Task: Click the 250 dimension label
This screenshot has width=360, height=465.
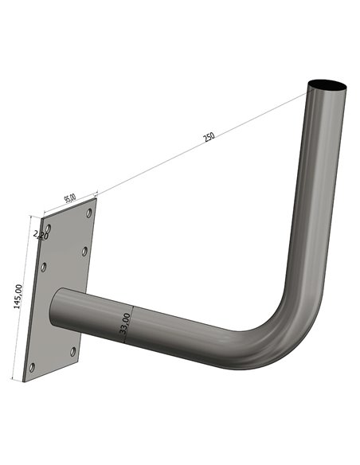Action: (x=209, y=136)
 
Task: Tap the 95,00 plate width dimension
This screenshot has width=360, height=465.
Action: (x=70, y=197)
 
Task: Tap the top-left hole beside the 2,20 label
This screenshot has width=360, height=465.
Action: (x=49, y=229)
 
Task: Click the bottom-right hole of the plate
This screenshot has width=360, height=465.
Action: (x=73, y=350)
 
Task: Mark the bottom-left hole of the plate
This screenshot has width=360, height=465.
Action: (x=32, y=368)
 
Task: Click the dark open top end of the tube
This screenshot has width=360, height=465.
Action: (x=328, y=84)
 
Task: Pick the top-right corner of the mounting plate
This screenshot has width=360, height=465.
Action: (x=95, y=197)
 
